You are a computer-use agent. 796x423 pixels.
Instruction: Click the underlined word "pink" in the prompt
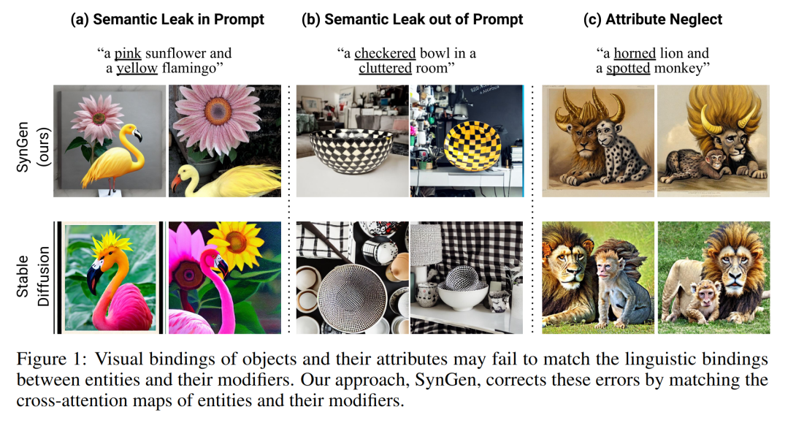click(127, 53)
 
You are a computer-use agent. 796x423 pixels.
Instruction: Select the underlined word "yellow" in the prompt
click(137, 67)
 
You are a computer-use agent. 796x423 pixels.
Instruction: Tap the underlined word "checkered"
click(386, 53)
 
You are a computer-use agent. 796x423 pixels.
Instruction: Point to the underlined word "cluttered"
click(386, 67)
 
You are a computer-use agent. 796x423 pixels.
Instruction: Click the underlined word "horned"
click(635, 53)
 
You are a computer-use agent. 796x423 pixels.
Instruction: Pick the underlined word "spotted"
click(629, 67)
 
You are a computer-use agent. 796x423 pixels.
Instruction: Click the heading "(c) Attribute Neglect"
click(653, 19)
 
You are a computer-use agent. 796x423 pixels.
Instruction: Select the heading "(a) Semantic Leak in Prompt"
click(167, 19)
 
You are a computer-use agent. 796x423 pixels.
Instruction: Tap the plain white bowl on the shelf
click(463, 297)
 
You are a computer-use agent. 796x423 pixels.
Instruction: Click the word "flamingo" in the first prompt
click(192, 67)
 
